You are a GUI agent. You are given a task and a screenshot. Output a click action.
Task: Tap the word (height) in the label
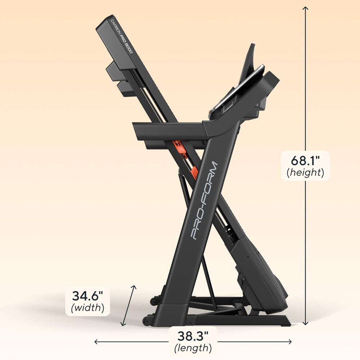point(305,173)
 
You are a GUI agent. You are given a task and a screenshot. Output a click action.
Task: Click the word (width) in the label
point(87,308)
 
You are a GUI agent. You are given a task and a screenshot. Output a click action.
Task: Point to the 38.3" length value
point(193,336)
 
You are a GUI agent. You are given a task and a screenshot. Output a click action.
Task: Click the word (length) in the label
point(193,348)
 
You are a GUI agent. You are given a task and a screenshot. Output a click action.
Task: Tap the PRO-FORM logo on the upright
point(204,201)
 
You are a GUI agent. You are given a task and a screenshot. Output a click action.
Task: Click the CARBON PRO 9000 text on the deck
point(121,36)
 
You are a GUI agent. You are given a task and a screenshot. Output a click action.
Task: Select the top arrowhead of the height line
point(305,9)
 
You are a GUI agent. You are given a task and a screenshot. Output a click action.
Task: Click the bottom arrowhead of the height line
point(305,323)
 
